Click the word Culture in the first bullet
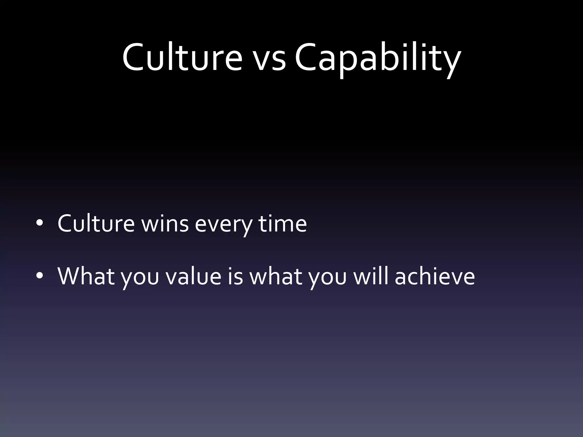tap(96, 224)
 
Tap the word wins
tap(165, 224)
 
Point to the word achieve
tap(435, 276)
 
